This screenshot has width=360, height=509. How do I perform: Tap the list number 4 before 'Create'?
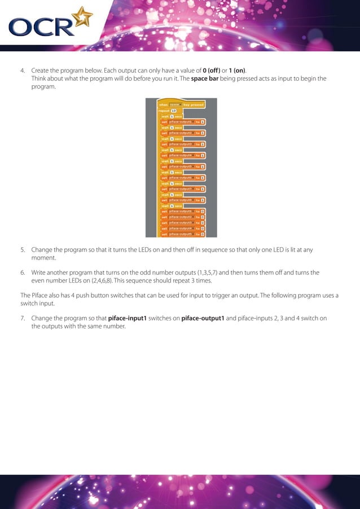(23, 71)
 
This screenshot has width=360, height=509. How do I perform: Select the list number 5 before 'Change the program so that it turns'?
(23, 249)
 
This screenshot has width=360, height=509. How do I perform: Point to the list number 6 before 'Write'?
(23, 272)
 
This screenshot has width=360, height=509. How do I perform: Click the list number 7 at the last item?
(23, 318)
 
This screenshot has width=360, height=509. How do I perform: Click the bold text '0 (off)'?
(212, 71)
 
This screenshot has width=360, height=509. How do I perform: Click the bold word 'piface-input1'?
(127, 318)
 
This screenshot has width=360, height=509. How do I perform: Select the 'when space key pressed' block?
(181, 104)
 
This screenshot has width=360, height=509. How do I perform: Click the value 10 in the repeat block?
(174, 111)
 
